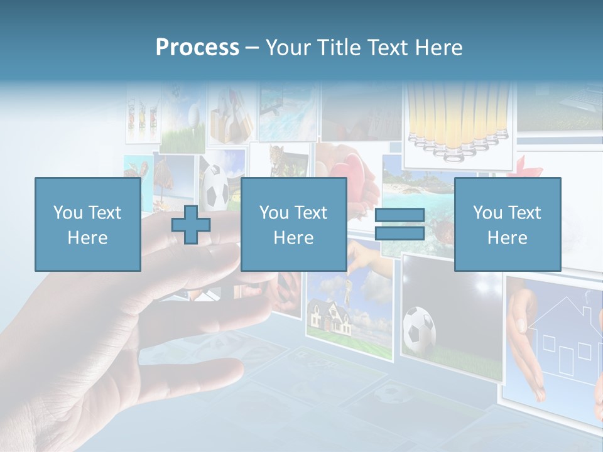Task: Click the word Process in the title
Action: tap(197, 47)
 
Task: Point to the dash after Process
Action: tap(252, 48)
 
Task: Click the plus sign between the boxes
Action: tap(191, 225)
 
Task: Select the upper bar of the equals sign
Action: tap(399, 215)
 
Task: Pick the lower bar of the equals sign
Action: tap(399, 234)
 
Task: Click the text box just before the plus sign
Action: tap(87, 224)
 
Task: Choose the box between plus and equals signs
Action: tap(293, 224)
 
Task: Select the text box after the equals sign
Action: tap(507, 224)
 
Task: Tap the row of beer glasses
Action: tap(457, 122)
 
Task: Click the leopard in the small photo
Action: tap(277, 157)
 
